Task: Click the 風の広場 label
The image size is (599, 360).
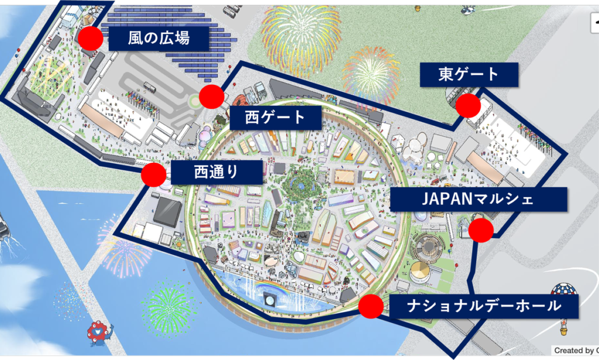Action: [x=159, y=39]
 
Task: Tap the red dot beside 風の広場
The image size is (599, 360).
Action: [x=91, y=39]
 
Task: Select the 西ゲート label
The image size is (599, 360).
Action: [x=276, y=118]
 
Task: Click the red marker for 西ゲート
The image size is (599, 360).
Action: [x=212, y=97]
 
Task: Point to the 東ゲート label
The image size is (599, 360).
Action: [x=469, y=74]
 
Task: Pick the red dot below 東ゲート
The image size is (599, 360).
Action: [x=468, y=105]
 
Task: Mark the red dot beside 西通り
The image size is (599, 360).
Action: [x=153, y=174]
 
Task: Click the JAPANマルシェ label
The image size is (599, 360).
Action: [x=478, y=199]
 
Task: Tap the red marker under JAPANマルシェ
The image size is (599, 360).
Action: [x=481, y=230]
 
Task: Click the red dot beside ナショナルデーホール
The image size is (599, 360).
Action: [x=371, y=306]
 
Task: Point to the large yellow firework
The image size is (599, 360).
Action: [x=301, y=35]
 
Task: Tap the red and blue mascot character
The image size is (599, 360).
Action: [x=100, y=334]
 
